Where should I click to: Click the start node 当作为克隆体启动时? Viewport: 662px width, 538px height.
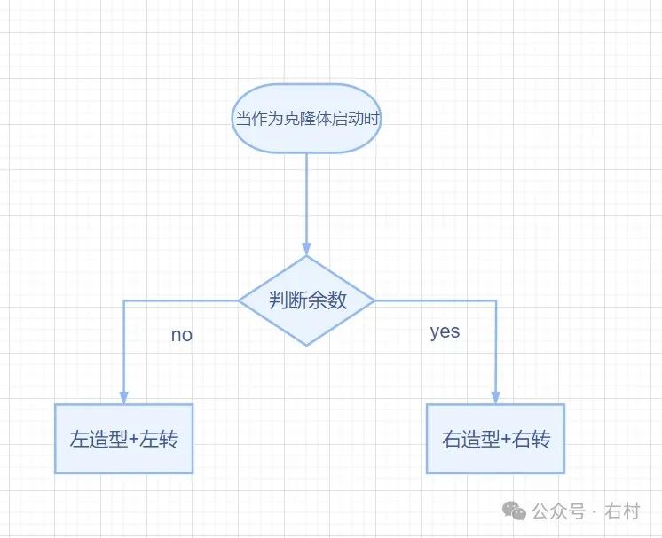pos(306,118)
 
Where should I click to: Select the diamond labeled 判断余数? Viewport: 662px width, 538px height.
pos(307,300)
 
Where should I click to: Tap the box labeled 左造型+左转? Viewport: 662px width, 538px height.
pos(123,439)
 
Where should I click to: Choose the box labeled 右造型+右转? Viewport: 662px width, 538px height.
pos(495,439)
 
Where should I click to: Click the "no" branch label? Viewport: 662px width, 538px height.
pos(181,336)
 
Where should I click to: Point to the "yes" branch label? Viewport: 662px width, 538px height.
pos(445,331)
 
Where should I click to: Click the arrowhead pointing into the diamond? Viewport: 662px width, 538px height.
pos(307,249)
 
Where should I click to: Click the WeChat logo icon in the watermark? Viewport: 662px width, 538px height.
pos(514,511)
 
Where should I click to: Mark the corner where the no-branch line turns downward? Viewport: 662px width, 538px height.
pos(123,301)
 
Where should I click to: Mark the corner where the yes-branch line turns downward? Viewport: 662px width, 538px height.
pos(496,301)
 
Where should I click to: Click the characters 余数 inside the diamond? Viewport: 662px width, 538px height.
pos(327,301)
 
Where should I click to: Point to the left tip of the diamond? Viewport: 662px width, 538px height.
pos(240,301)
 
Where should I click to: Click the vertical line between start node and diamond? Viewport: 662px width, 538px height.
pos(307,199)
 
